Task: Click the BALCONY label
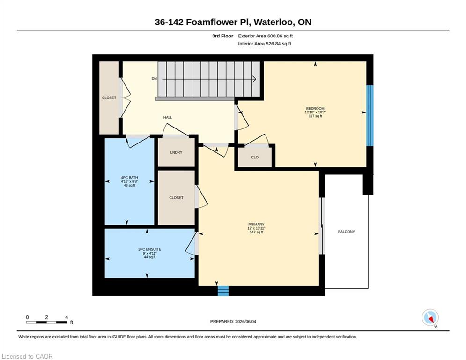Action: click(x=346, y=232)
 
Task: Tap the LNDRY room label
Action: click(x=176, y=152)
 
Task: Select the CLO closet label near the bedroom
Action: click(x=255, y=157)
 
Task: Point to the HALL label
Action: click(x=168, y=118)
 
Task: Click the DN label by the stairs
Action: click(x=154, y=79)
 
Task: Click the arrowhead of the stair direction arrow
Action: click(x=254, y=79)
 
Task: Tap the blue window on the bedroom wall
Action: click(x=370, y=116)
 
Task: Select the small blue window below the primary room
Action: click(x=223, y=291)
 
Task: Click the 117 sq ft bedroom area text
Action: click(x=315, y=116)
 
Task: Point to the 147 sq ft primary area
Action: click(x=256, y=232)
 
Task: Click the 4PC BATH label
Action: click(x=129, y=178)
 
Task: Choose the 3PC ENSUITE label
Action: click(x=149, y=249)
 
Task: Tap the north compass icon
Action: click(x=430, y=318)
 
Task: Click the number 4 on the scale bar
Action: click(x=67, y=317)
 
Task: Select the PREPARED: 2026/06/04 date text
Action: click(x=233, y=321)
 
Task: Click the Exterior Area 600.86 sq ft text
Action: click(x=266, y=36)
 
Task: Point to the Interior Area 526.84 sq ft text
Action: click(x=265, y=44)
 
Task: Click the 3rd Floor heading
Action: click(x=222, y=36)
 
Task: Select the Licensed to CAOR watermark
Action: click(x=27, y=356)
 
